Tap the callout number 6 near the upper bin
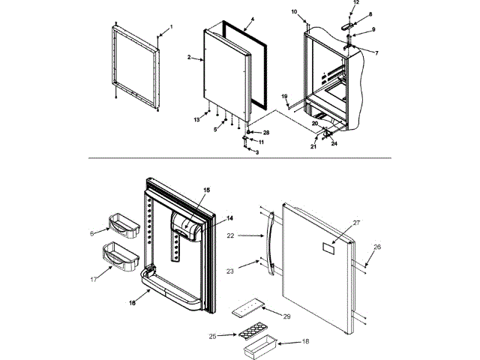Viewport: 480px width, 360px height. [x=93, y=233]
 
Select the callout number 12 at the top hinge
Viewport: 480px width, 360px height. [x=355, y=3]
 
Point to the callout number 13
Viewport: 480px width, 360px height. [x=196, y=119]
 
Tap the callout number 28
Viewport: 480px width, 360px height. [x=265, y=132]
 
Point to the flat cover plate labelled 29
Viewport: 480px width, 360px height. [x=248, y=308]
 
